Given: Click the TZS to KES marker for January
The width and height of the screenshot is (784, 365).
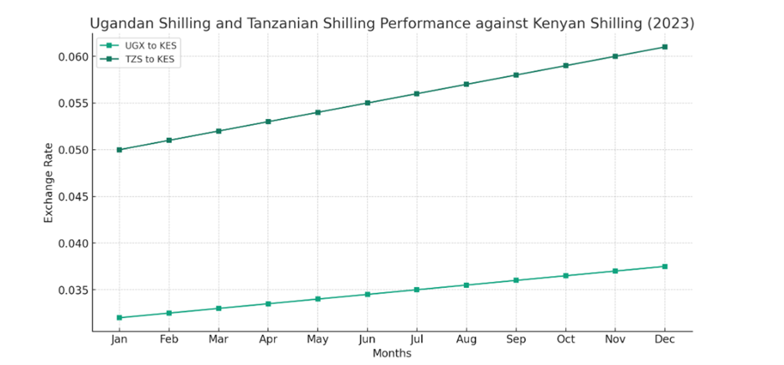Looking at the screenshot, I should pos(119,150).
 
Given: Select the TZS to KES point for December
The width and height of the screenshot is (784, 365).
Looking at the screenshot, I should pos(664,47).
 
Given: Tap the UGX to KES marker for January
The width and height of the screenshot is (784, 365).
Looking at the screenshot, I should pos(119,317).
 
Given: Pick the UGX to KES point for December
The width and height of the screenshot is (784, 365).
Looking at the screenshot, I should pos(664,266).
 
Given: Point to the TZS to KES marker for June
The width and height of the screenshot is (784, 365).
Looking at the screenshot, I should pos(367,103).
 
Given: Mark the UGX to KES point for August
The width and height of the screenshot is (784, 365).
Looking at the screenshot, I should pos(467,285).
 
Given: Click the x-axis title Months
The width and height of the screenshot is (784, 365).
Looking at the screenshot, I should pos(392,354).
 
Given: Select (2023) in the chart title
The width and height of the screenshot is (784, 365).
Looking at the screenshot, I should pos(670,23).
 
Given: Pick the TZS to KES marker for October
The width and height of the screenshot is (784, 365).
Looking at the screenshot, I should pos(565,65).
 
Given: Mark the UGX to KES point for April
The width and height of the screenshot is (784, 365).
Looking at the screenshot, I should pos(268,303).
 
